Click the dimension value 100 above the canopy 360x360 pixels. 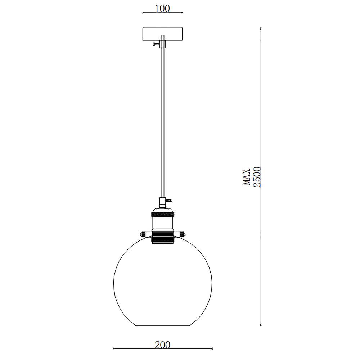point(162,8)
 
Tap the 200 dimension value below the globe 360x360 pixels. point(162,345)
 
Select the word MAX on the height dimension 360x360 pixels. point(247,177)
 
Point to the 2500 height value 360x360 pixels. point(257,177)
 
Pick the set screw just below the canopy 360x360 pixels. point(156,44)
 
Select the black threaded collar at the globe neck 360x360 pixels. point(162,237)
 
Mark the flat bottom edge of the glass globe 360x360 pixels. point(162,326)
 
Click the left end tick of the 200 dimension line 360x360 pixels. point(113,348)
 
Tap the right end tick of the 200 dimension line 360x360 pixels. point(212,348)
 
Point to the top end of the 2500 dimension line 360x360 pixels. point(261,28)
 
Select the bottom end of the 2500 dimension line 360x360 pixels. point(261,325)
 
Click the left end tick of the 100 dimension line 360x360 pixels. point(143,13)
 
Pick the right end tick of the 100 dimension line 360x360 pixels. point(182,13)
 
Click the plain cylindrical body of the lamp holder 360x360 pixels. point(162,223)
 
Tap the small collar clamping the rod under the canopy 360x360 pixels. point(162,44)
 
